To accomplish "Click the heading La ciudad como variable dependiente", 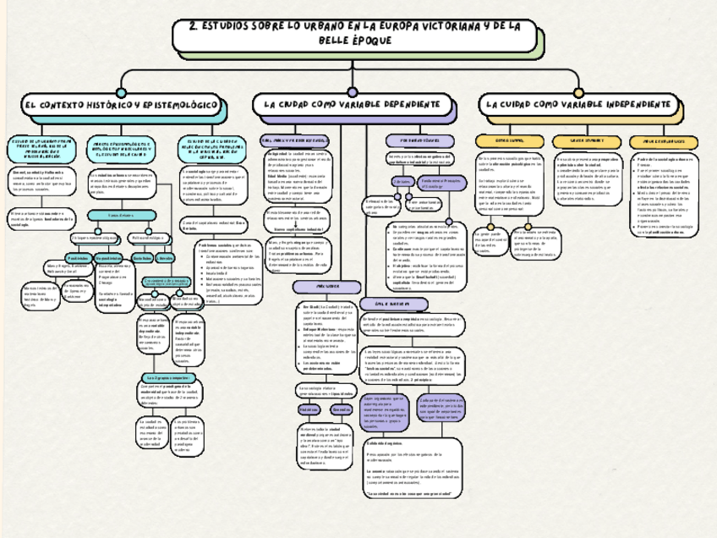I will pyautogui.click(x=353, y=104).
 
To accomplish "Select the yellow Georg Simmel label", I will pyautogui.click(x=505, y=140).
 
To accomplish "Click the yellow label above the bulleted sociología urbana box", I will pyautogui.click(x=663, y=140).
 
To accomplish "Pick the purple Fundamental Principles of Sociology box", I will pyautogui.click(x=439, y=184).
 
